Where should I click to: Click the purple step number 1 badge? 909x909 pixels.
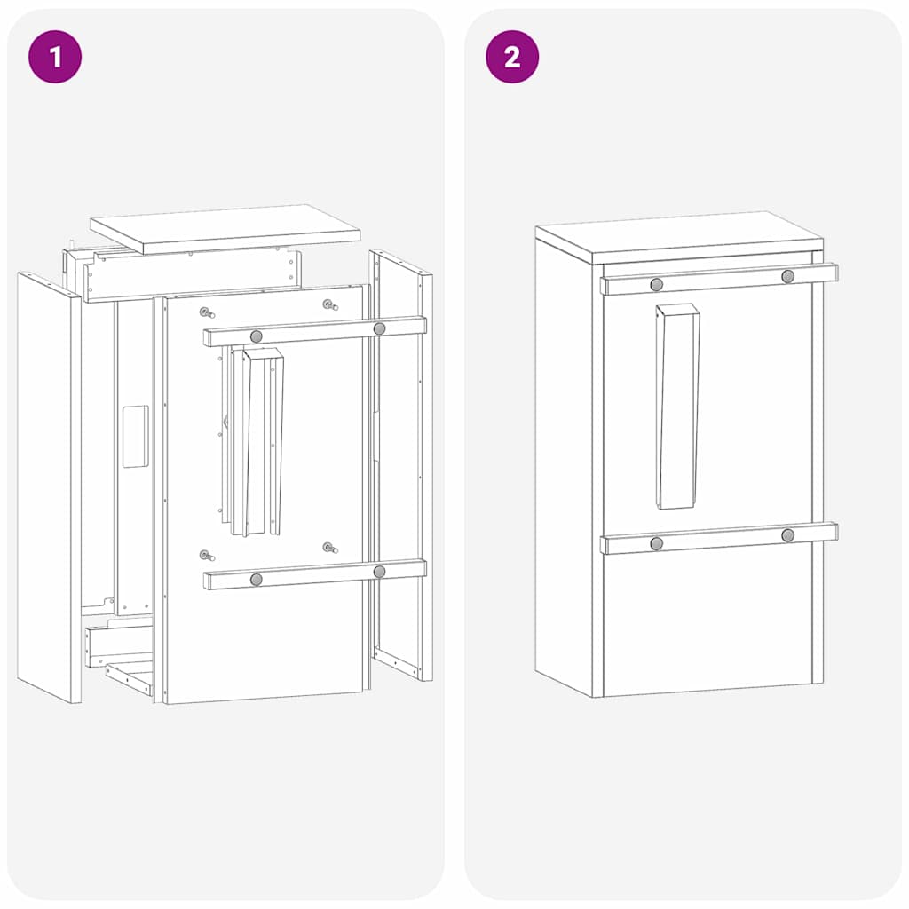[x=55, y=57]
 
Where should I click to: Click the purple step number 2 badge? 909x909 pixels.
[x=512, y=57]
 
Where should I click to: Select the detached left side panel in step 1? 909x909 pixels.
[x=49, y=488]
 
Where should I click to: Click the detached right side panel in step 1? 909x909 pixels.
[x=401, y=462]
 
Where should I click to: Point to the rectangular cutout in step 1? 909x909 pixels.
[x=135, y=437]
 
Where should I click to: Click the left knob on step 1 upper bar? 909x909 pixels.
[x=257, y=336]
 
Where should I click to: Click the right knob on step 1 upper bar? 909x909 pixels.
[x=380, y=328]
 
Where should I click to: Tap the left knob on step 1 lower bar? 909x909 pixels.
[x=257, y=580]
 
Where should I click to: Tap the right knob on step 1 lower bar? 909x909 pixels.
[x=380, y=572]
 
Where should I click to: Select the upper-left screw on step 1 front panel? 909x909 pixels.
[x=206, y=312]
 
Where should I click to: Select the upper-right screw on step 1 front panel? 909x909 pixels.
[x=329, y=304]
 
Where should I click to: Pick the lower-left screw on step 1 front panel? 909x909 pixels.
[x=206, y=556]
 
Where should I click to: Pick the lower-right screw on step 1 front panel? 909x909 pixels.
[x=329, y=548]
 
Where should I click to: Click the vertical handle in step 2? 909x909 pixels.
[x=677, y=407]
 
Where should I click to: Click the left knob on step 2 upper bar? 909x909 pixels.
[x=657, y=284]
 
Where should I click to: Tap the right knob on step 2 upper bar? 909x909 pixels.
[x=787, y=276]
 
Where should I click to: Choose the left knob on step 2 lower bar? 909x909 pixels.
[x=657, y=543]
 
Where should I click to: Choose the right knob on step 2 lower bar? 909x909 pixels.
[x=787, y=535]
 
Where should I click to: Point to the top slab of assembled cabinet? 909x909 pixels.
[x=679, y=235]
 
